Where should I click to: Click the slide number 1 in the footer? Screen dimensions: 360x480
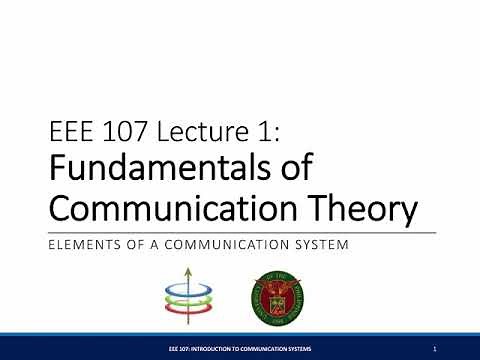(438, 347)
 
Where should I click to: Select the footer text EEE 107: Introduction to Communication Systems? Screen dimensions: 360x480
(240, 347)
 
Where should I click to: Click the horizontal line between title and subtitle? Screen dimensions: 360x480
(240, 231)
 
